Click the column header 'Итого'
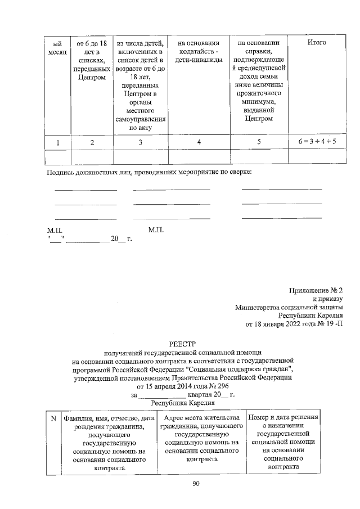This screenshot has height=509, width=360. pos(317,43)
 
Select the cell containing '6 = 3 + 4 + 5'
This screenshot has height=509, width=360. pos(317,142)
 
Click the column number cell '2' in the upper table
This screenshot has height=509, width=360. pos(92,143)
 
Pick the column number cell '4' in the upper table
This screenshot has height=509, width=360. pos(199,143)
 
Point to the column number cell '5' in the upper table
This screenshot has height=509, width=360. pos(258,142)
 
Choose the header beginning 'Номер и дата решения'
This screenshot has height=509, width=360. pos(283,442)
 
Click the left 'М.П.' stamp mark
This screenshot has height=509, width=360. pos(55,231)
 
